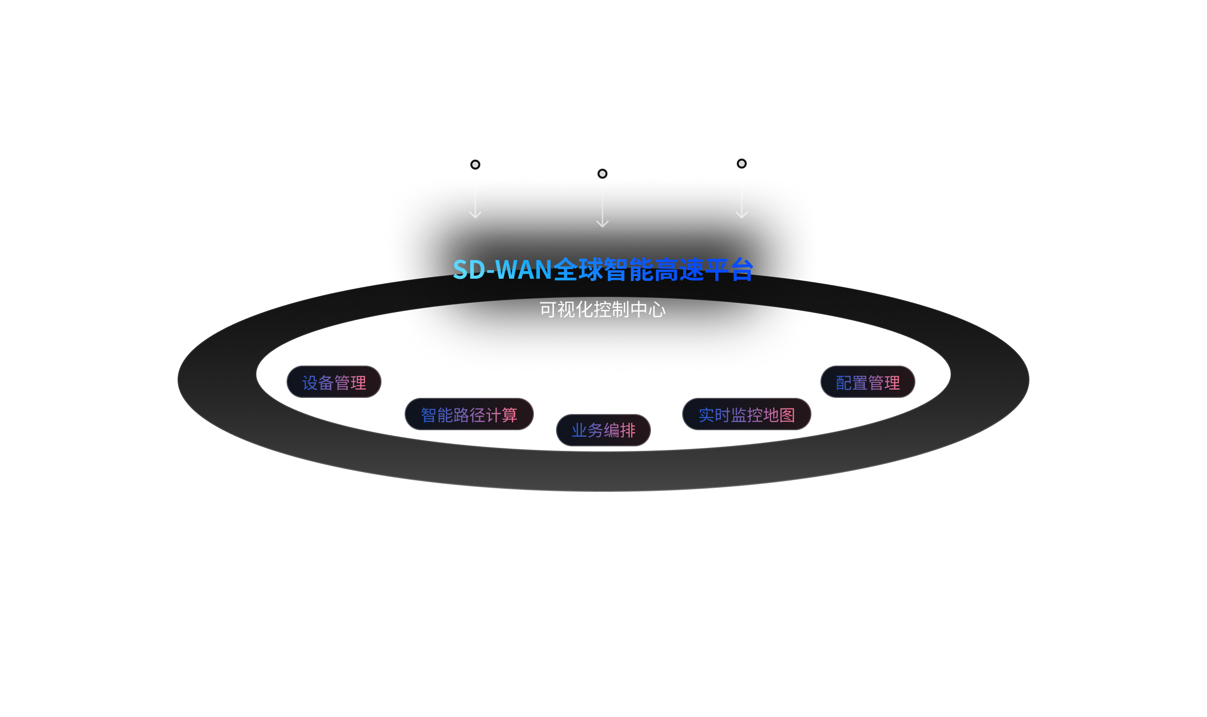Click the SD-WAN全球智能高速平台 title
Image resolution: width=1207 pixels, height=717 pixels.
(603, 269)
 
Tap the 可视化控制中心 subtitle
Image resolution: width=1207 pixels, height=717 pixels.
(602, 310)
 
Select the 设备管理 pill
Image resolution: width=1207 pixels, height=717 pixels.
(334, 382)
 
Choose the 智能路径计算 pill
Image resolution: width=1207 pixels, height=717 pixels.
(469, 415)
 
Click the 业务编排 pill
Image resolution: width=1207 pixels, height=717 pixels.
(603, 430)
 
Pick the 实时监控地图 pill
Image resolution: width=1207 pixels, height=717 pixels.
(746, 415)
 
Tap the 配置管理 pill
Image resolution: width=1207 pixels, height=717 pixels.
(867, 382)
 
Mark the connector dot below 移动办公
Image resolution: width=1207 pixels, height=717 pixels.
(475, 165)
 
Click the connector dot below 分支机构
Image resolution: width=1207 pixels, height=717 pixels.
(602, 174)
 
